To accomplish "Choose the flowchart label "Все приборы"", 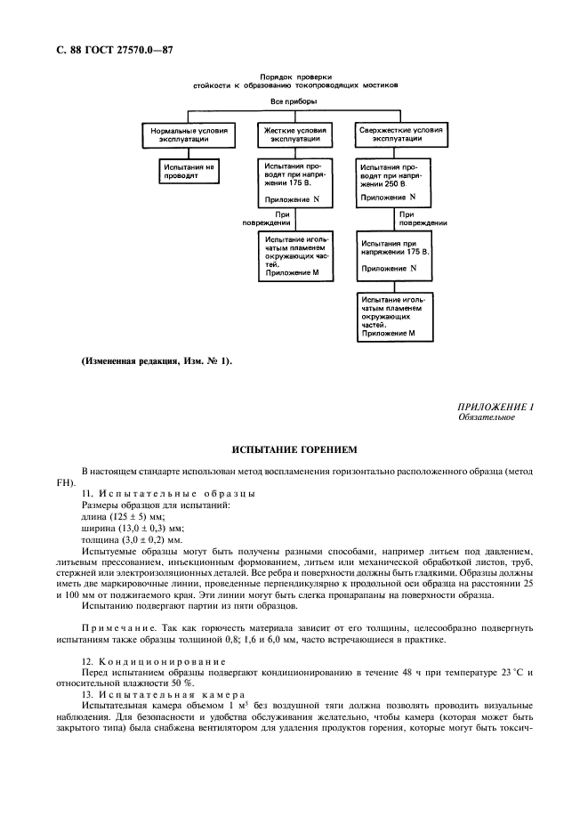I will point(294,102).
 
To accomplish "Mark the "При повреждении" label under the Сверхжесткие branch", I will point(412,218).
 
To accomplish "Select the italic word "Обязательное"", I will point(486,416).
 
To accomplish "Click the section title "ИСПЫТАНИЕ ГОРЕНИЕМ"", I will point(294,449).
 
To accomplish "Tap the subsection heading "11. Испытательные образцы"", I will point(168,492).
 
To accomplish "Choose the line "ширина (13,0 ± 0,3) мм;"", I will point(133,527).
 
